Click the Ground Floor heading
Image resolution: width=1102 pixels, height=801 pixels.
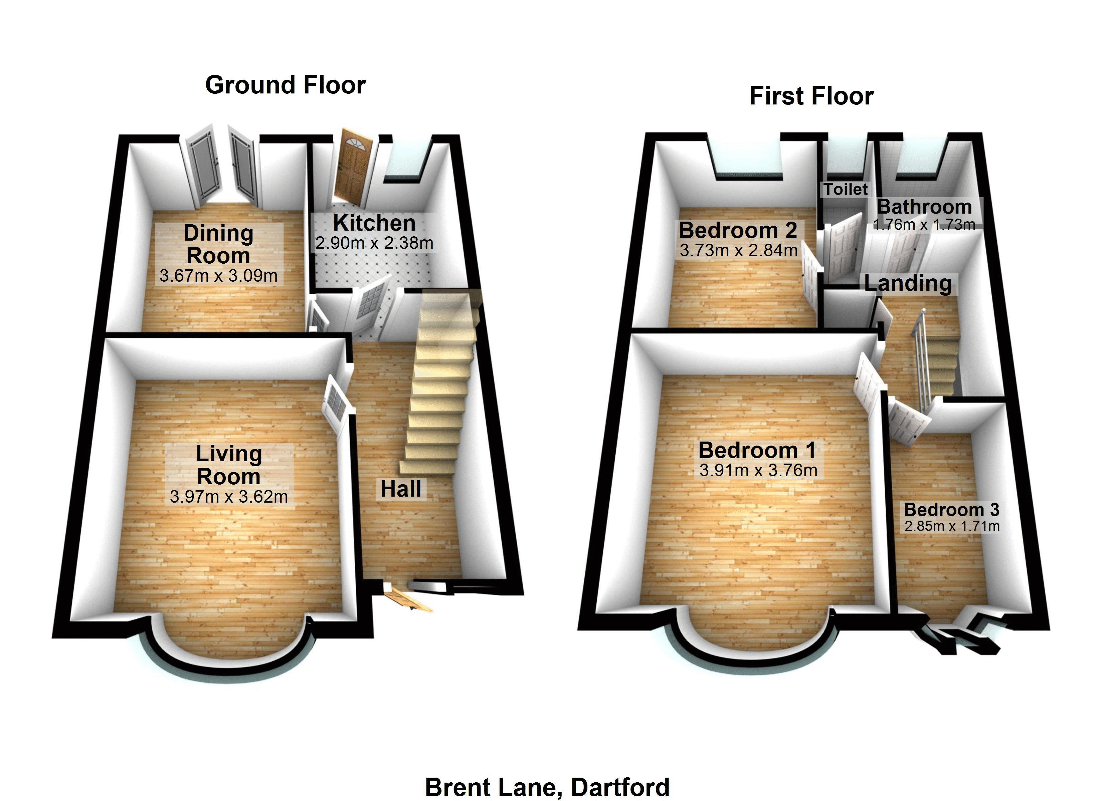(x=285, y=85)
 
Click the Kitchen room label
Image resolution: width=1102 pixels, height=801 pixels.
(x=374, y=223)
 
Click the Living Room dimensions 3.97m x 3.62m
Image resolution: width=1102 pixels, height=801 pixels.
(x=229, y=496)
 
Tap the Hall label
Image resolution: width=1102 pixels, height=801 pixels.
(x=401, y=489)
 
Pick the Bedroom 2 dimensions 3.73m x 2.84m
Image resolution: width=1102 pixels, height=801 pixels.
(x=738, y=251)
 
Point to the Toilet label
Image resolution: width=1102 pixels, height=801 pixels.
(x=845, y=189)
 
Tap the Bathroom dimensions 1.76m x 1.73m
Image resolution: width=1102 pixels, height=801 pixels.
(x=924, y=224)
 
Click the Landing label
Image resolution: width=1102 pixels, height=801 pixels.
(x=908, y=283)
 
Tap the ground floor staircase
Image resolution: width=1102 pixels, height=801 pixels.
(x=440, y=384)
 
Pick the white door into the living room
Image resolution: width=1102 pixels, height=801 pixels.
(x=335, y=403)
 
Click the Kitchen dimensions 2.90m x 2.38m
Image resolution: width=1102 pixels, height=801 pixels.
(x=374, y=243)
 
